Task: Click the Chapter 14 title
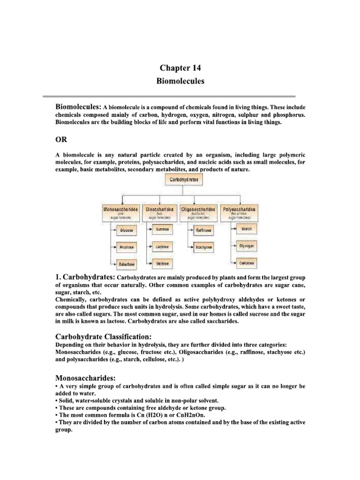[x=180, y=68]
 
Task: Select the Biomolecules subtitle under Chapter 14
[x=180, y=81]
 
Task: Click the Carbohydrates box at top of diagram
[x=180, y=180]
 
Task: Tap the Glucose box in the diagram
[x=126, y=231]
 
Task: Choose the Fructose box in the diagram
[x=126, y=247]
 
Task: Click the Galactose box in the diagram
[x=126, y=264]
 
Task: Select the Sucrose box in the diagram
[x=162, y=230]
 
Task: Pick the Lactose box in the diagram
[x=162, y=246]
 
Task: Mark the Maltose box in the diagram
[x=162, y=263]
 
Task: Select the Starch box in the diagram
[x=247, y=229]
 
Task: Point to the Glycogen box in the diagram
[x=247, y=245]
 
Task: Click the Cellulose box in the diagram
[x=247, y=263]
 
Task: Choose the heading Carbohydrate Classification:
[x=103, y=337]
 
